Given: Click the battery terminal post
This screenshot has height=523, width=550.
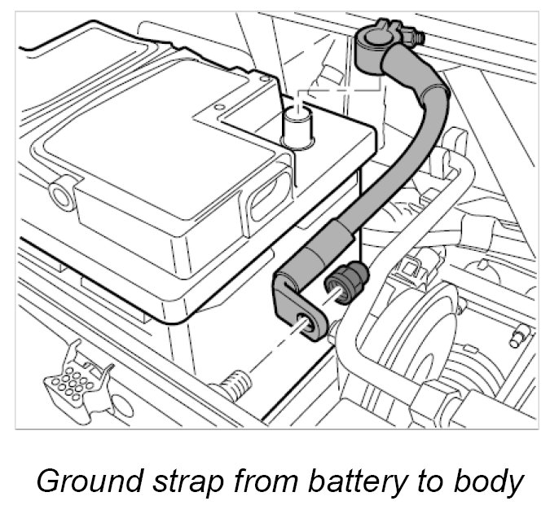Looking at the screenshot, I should click(297, 128).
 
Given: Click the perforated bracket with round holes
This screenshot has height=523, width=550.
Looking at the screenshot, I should click(77, 380).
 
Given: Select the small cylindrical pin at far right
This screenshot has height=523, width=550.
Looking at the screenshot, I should click(518, 336).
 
